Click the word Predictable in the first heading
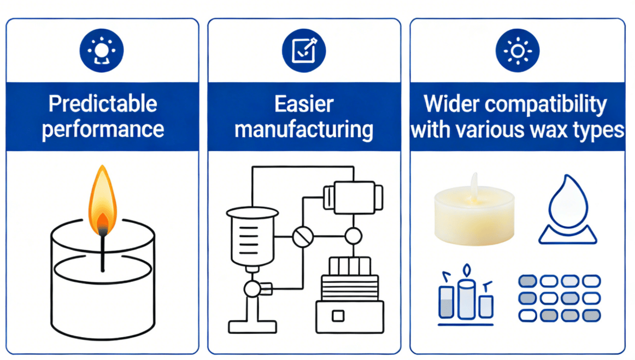103,103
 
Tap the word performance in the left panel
103,129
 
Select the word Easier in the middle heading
304,103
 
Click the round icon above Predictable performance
101,51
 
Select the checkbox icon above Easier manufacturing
303,51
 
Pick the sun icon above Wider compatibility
517,51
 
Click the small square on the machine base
338,315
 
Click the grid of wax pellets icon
559,298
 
